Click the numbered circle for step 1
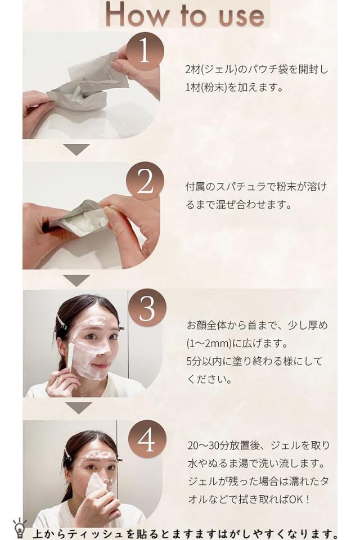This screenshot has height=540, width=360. pyautogui.click(x=145, y=52)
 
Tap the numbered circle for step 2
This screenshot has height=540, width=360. pyautogui.click(x=145, y=181)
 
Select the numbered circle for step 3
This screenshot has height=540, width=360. pyautogui.click(x=147, y=308)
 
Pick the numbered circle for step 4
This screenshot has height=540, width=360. pyautogui.click(x=147, y=439)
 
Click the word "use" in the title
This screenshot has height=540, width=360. pyautogui.click(x=242, y=16)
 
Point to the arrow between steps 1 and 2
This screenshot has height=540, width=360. pyautogui.click(x=76, y=150)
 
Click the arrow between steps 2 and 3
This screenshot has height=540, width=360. pyautogui.click(x=76, y=280)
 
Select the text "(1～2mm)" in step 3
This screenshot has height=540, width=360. pyautogui.click(x=209, y=343)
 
